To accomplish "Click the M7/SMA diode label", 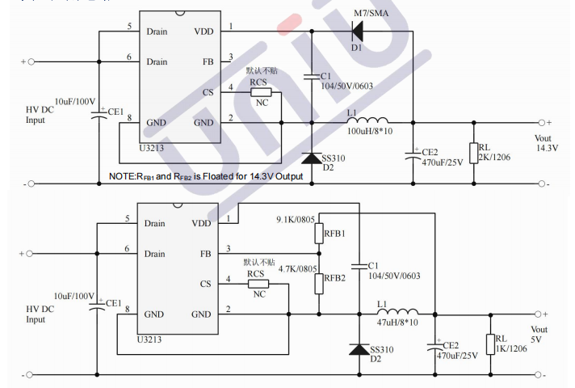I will (372, 14).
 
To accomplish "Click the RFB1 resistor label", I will (334, 234).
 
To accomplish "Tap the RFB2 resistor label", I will (334, 279).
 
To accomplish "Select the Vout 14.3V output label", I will (547, 142).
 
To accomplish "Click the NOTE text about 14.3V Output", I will (206, 176).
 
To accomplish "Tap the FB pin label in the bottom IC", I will (206, 253).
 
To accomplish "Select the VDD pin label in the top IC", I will (204, 32).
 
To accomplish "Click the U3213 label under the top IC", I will (150, 148).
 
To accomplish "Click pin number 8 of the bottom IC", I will (127, 309).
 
